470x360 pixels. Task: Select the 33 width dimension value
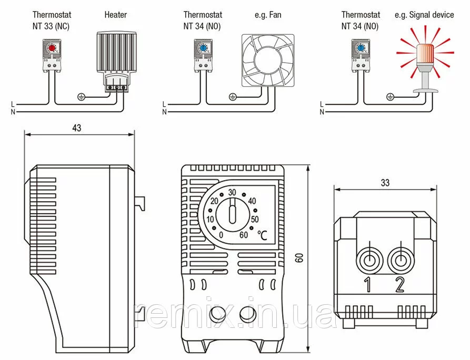[385, 183]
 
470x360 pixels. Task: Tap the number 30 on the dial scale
[232, 193]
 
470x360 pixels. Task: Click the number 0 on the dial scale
[221, 235]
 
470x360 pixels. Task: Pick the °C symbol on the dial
[262, 236]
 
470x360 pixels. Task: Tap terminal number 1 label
[368, 285]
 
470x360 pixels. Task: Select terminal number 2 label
[399, 285]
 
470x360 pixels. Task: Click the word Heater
[115, 15]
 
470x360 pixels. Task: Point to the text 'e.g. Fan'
[267, 15]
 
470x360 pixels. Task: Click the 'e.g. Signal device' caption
[424, 15]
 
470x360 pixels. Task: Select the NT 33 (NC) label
[51, 25]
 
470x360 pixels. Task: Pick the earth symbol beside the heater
[81, 96]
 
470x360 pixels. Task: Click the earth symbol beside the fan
[233, 96]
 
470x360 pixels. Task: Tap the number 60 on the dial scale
[244, 235]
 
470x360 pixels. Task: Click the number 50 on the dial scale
[255, 219]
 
